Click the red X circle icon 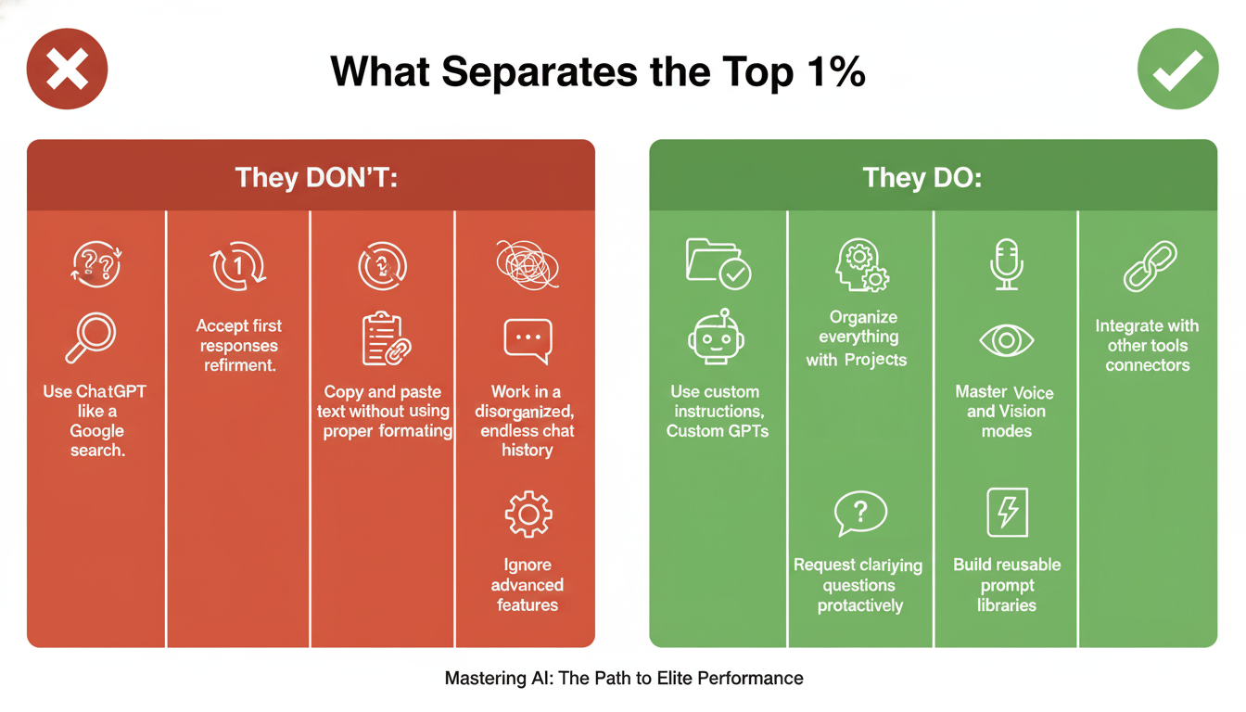(67, 69)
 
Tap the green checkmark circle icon (1177, 69)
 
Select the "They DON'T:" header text (316, 177)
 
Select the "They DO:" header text (922, 177)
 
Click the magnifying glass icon (91, 337)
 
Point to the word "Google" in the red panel (96, 431)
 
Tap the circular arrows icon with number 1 (238, 266)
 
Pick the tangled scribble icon (528, 265)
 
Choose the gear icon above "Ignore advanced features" (528, 514)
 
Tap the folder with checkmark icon (718, 263)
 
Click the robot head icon (716, 337)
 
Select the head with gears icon (861, 265)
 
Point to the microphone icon (1006, 264)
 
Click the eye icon (1006, 340)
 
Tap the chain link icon (1150, 266)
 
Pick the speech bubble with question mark (860, 514)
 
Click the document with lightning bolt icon (1008, 513)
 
